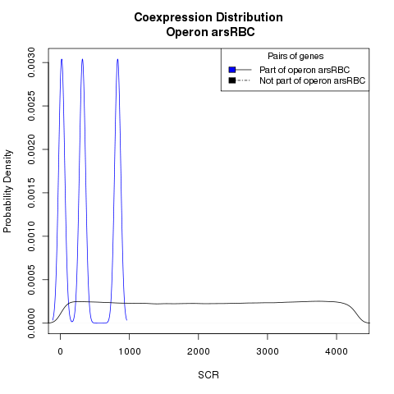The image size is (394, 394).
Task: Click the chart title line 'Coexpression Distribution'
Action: point(208,17)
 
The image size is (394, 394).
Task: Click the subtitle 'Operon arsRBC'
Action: point(210,32)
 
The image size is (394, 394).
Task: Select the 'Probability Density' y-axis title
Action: point(7,191)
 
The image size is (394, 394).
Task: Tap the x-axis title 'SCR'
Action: point(208,375)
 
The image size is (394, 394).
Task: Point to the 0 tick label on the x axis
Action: point(60,351)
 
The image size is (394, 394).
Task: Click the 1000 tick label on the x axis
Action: point(130,351)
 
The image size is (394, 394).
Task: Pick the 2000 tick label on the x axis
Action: point(199,351)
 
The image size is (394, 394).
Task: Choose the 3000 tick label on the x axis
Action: point(268,351)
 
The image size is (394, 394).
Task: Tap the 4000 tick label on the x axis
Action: point(337,351)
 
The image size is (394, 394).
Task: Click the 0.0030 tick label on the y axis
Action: point(31,62)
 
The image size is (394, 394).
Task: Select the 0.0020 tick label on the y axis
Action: point(31,149)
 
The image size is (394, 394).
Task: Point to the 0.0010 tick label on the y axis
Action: point(31,236)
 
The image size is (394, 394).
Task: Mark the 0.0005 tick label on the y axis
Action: point(31,280)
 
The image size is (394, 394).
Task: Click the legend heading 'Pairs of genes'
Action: point(295,56)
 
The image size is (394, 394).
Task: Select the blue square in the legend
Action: point(232,70)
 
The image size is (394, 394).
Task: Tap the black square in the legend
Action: point(232,80)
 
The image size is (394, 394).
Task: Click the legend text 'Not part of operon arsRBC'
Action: point(313,80)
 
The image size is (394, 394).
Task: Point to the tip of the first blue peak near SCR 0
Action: point(62,59)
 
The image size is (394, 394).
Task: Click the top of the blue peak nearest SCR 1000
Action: point(117,59)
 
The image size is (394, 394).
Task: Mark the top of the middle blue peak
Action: point(82,59)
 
